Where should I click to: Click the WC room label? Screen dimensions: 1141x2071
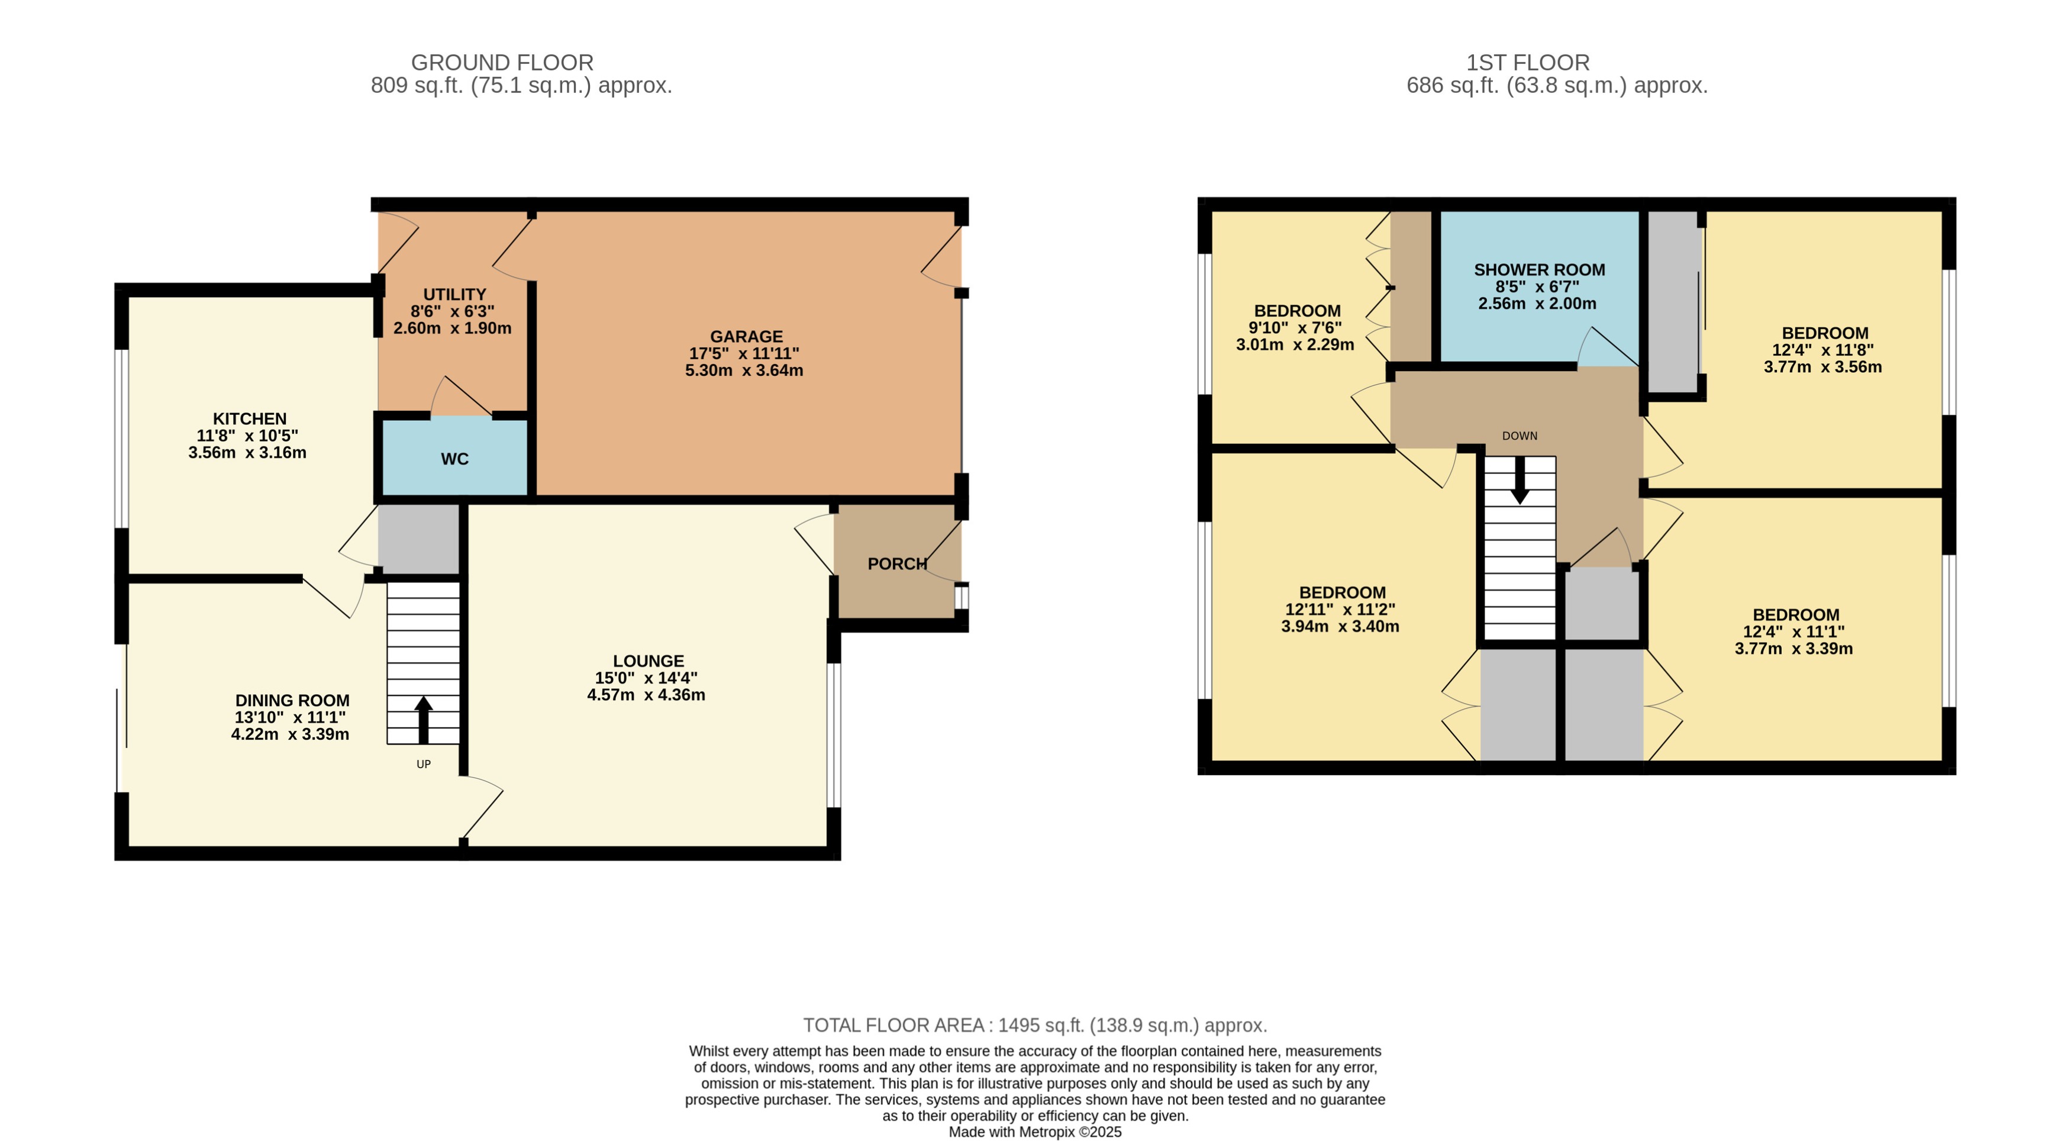454,459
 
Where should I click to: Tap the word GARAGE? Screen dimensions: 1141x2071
746,336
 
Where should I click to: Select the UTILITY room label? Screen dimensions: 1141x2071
454,294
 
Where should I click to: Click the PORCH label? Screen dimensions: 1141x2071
896,563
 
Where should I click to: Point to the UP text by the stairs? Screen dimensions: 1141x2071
424,764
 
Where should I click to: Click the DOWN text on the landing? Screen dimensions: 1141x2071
1520,436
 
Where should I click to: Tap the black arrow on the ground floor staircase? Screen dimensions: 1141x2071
424,718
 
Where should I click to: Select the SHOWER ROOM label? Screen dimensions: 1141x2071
1539,270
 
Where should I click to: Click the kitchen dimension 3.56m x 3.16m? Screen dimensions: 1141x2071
247,453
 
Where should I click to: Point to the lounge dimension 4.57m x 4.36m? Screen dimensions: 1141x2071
646,695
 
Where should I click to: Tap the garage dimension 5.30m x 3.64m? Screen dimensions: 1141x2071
744,370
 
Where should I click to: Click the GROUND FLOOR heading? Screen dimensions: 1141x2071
502,63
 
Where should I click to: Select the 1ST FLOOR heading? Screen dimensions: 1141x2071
1528,63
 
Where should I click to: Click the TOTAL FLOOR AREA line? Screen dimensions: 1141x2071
1035,1025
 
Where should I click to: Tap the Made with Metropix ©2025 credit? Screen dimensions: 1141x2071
1035,1132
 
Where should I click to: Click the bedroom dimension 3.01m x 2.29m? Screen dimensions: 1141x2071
1295,345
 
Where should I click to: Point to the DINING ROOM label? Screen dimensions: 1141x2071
292,700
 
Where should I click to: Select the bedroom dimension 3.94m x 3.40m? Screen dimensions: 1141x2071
1340,626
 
